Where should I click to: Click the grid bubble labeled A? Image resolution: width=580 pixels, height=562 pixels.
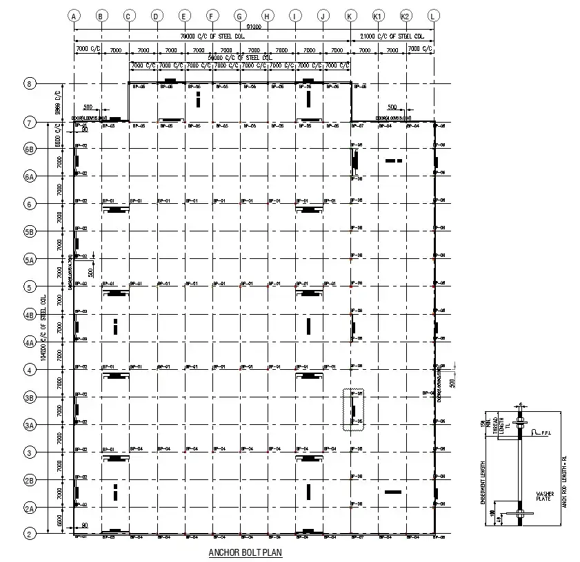74,15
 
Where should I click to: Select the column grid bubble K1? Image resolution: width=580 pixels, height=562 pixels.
378,15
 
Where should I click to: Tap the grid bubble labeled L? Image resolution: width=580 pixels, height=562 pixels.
433,15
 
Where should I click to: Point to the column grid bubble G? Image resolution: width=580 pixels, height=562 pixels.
239,15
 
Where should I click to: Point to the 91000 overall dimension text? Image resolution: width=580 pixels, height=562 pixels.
254,27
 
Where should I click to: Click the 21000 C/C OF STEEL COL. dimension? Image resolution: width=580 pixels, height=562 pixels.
392,36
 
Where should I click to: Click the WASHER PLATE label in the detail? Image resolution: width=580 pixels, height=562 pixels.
544,497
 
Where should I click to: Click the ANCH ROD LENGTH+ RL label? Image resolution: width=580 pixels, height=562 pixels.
563,482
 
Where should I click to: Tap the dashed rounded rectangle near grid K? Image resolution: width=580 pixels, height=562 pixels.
352,410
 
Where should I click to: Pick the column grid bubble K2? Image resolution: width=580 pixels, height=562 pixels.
406,15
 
